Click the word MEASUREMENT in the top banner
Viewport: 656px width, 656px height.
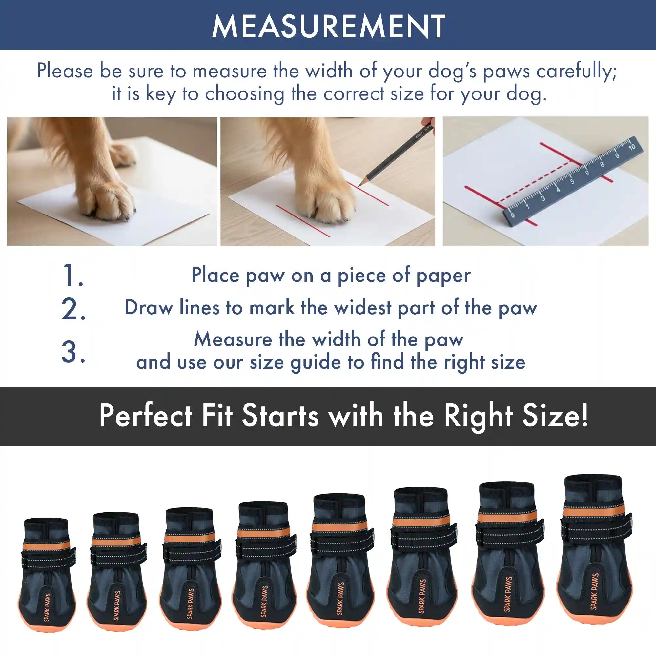pyautogui.click(x=328, y=27)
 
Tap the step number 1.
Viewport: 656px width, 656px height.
pyautogui.click(x=73, y=276)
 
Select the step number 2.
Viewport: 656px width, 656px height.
pyautogui.click(x=73, y=309)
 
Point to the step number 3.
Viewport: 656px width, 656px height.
pyautogui.click(x=73, y=352)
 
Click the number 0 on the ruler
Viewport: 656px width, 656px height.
pyautogui.click(x=512, y=215)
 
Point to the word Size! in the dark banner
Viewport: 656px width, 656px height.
pyautogui.click(x=555, y=416)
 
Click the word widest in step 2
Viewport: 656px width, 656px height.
pyautogui.click(x=363, y=308)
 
